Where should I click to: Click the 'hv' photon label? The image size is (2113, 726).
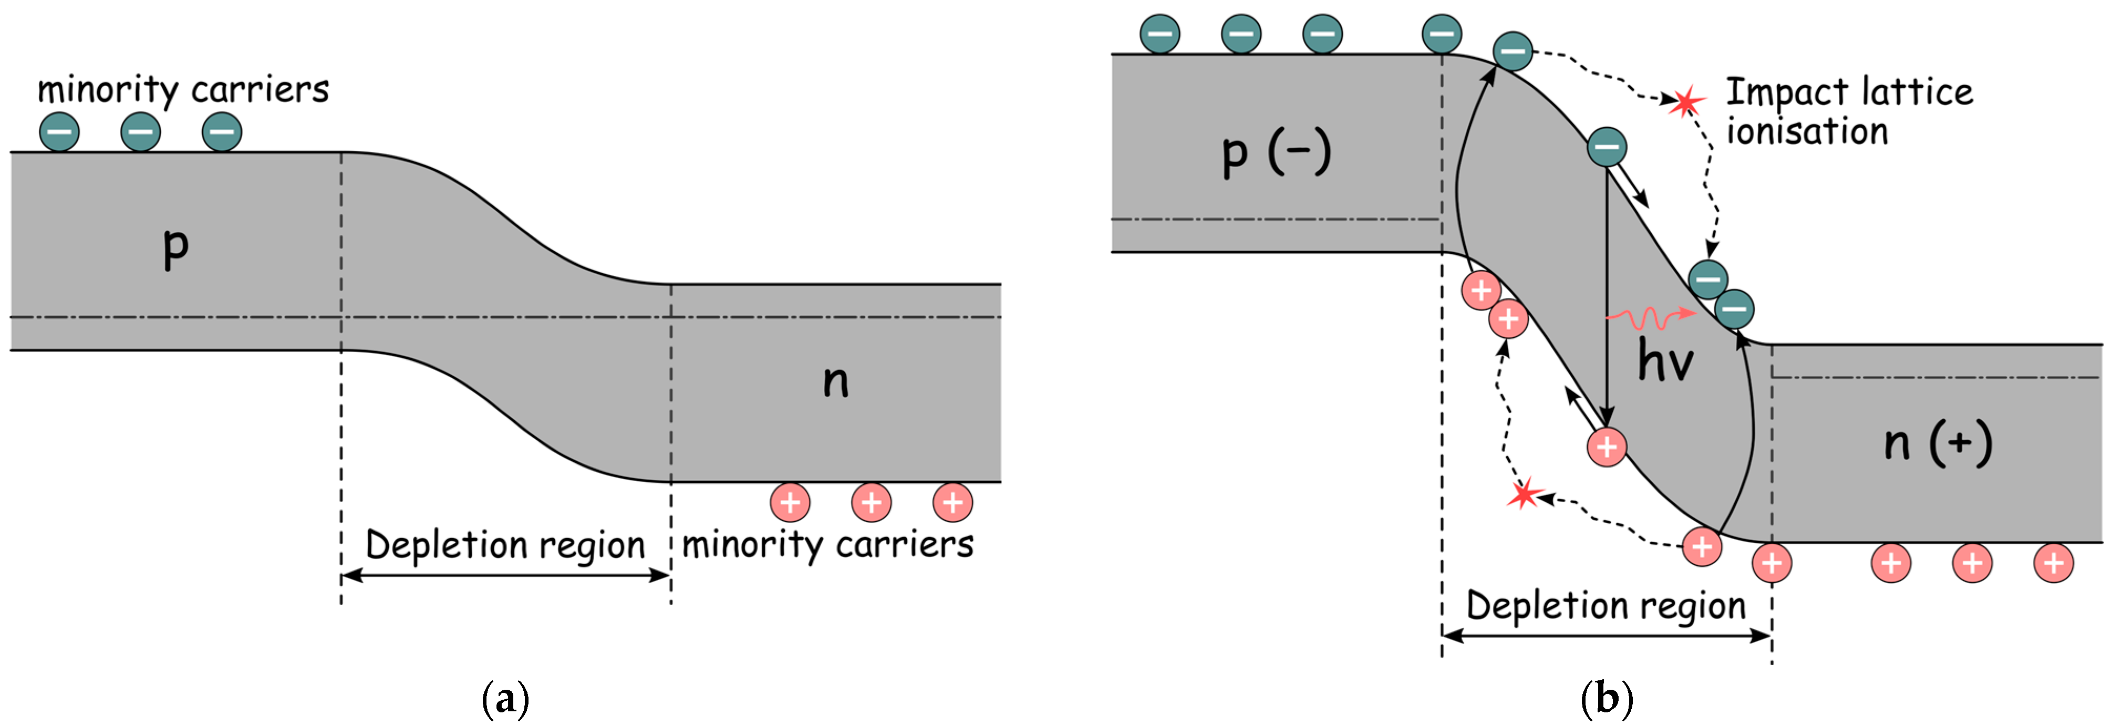(x=1665, y=361)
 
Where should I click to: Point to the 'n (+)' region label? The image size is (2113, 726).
(x=1938, y=444)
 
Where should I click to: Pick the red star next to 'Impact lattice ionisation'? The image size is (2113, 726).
(x=1686, y=102)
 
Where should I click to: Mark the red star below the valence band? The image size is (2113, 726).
(x=1524, y=495)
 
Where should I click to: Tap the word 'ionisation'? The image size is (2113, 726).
(x=1807, y=131)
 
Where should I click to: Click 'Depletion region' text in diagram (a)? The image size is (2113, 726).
(x=504, y=545)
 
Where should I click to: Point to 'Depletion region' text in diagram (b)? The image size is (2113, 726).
(x=1606, y=606)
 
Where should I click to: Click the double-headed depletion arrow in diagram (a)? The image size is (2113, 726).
(x=505, y=576)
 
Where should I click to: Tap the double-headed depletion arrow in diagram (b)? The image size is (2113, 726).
(x=1606, y=636)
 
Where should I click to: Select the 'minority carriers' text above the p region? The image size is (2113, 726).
(x=183, y=89)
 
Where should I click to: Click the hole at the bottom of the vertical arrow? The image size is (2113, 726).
(x=1606, y=447)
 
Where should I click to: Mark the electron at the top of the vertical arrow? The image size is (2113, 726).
(x=1606, y=148)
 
